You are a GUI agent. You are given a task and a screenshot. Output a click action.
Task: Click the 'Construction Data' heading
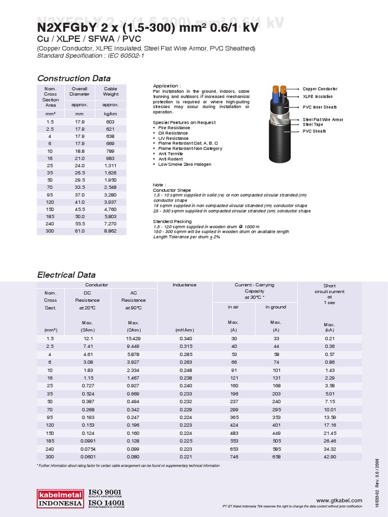pos(74,78)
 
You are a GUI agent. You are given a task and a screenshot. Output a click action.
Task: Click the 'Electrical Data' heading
pos(66,275)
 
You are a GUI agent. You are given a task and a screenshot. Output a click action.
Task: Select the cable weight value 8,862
pos(110,231)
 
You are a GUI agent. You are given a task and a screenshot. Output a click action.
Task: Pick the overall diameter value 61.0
pos(79,231)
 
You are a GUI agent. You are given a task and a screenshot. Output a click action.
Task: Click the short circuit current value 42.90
pos(329,457)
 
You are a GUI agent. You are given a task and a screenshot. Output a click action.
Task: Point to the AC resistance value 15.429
pos(134,338)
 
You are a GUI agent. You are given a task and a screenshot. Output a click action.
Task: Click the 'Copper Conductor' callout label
pos(320,89)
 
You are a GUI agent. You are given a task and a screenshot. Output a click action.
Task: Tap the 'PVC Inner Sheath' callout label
pos(319,107)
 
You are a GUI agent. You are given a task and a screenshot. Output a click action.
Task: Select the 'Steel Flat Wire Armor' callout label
pos(322,120)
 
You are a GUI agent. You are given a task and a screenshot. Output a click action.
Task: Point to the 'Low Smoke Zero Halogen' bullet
pos(184,165)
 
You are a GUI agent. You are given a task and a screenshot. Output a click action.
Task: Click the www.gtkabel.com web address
pos(343,499)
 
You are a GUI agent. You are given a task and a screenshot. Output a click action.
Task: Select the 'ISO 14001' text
pos(106,504)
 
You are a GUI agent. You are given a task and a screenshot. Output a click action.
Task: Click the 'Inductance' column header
pos(184,285)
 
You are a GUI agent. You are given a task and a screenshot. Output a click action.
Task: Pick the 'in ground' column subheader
pos(276,307)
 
